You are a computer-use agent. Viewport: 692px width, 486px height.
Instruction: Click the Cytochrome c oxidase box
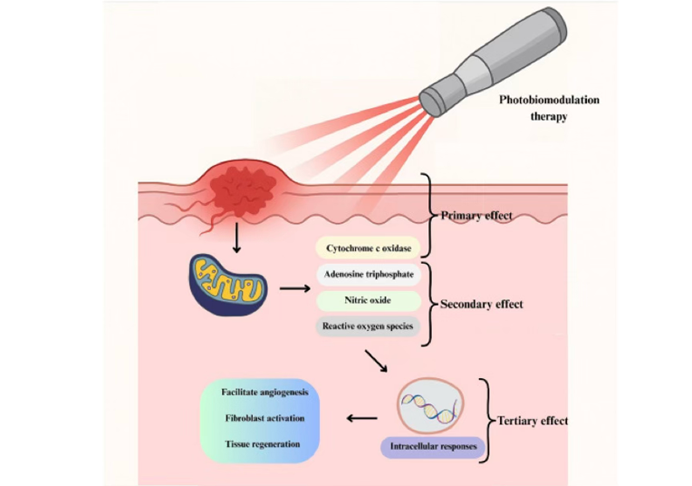(x=366, y=248)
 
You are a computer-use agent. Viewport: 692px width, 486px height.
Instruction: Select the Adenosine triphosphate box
(x=366, y=272)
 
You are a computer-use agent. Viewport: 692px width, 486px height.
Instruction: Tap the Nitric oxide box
(x=366, y=300)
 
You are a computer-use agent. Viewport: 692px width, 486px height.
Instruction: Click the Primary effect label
(x=476, y=216)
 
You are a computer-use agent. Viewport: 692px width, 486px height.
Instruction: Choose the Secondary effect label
(x=481, y=305)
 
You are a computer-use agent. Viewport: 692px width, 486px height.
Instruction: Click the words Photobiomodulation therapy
(x=549, y=108)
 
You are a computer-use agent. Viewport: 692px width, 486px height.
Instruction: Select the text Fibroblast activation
(x=264, y=419)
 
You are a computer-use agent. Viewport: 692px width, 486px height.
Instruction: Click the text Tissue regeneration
(x=264, y=445)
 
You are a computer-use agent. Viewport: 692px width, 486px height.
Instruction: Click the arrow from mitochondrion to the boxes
(x=294, y=289)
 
